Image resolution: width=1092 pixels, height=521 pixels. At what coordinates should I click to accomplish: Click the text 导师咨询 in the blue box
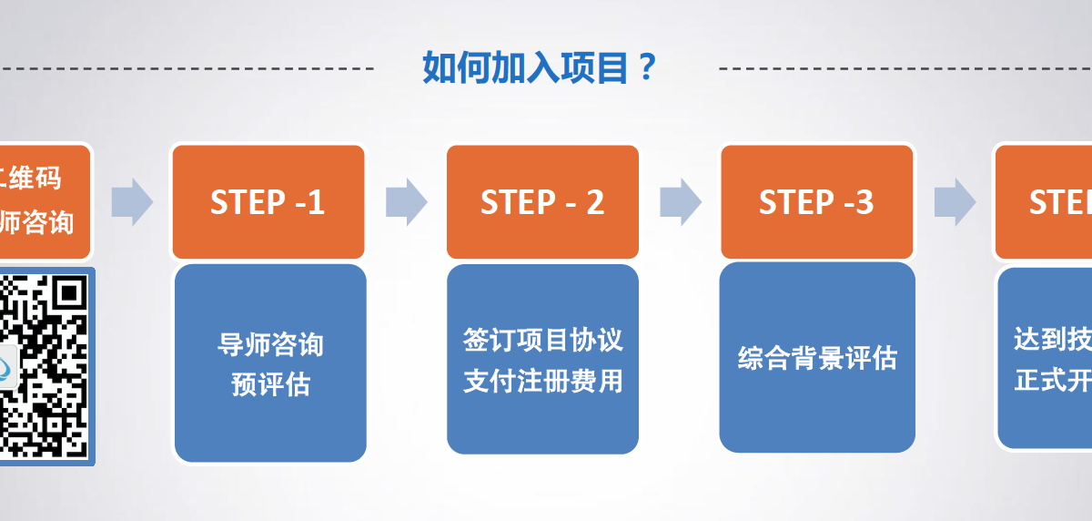click(270, 345)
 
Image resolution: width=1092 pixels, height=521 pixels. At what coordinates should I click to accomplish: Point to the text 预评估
click(270, 385)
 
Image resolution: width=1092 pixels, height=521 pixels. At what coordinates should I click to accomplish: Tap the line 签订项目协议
click(542, 341)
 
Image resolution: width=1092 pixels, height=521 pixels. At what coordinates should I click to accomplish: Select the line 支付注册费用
click(542, 381)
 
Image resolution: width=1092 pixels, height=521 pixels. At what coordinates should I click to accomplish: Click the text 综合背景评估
click(816, 358)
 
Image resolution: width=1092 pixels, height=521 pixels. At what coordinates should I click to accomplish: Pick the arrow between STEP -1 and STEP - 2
click(406, 202)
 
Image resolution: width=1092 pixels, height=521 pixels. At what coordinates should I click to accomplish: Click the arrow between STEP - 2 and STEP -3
click(680, 202)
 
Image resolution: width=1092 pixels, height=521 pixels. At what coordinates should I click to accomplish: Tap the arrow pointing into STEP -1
click(132, 202)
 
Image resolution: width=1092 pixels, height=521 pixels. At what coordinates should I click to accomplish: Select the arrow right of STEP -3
click(954, 202)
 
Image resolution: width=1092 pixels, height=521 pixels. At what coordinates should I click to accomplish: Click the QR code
click(45, 365)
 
